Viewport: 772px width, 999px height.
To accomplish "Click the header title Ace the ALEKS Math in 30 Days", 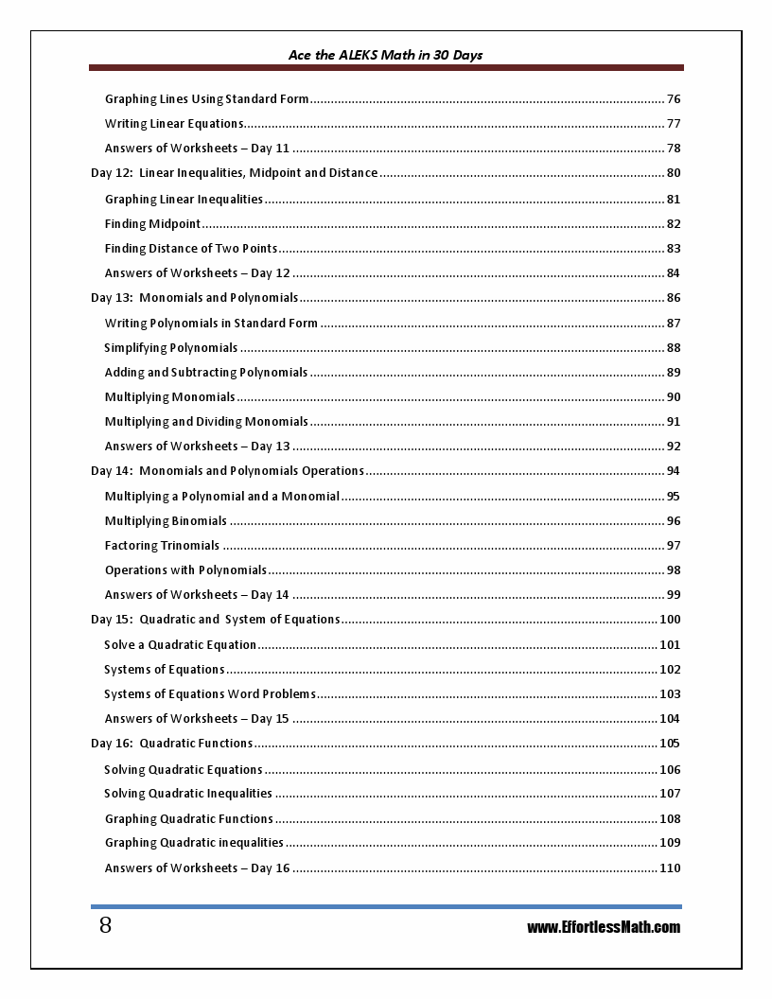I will point(385,55).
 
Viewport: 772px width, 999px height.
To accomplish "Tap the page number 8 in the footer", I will point(105,925).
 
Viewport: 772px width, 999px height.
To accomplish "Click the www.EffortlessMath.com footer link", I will point(604,927).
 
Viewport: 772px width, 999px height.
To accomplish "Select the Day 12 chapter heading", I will point(234,173).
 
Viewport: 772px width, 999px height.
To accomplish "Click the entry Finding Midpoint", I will point(152,224).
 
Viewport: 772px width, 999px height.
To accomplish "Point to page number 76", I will point(674,99).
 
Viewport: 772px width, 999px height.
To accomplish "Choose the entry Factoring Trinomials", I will point(162,546).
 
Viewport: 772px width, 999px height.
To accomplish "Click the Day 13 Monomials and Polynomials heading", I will point(194,298).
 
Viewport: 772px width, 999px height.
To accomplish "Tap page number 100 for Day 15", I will point(670,620).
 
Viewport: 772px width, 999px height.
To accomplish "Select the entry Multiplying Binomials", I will point(166,521).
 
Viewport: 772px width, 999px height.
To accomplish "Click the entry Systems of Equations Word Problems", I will point(209,694).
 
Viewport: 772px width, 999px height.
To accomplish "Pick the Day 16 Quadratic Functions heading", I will point(171,744).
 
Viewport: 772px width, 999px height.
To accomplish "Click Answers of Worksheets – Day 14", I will point(197,595).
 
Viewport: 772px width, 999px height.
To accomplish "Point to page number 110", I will point(670,868).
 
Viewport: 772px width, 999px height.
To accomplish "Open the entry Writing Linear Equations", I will point(174,124).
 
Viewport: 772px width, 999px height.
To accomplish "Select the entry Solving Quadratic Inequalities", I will point(187,794).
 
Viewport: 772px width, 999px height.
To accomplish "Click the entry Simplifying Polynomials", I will point(170,348).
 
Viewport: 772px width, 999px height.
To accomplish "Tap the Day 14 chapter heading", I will point(227,471).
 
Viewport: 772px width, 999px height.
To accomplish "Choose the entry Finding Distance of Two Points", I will point(191,249).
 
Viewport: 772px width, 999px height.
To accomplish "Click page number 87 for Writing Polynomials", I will point(674,324).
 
